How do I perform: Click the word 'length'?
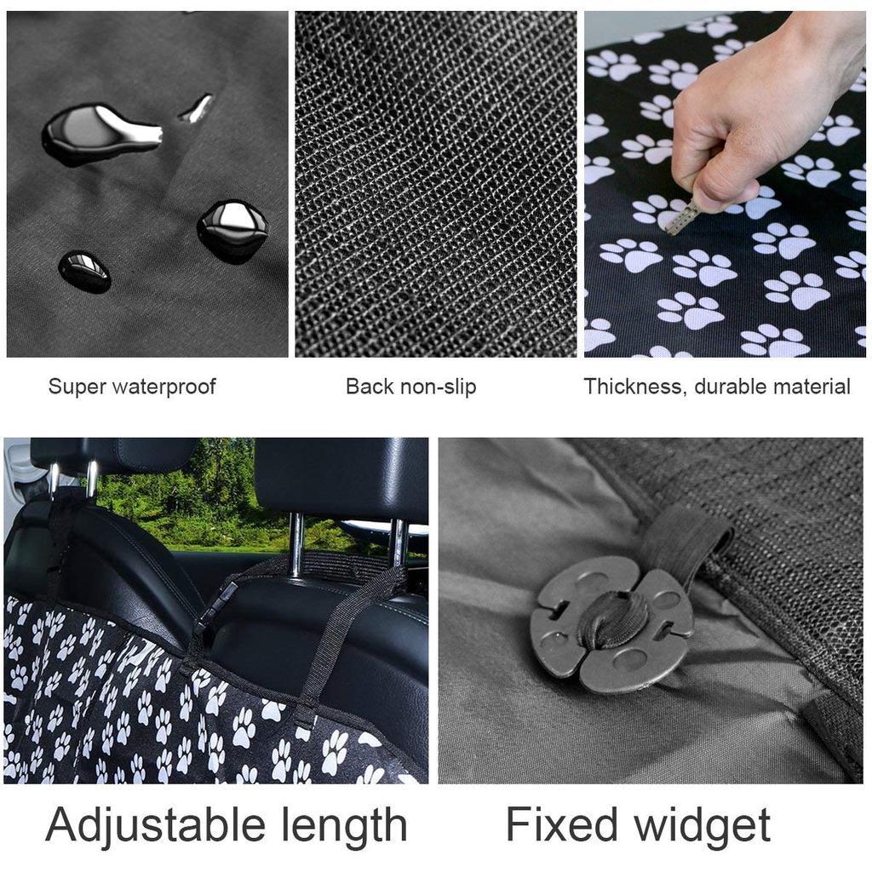344,826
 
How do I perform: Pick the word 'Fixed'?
562,823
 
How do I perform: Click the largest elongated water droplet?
100,135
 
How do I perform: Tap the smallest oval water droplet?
84,272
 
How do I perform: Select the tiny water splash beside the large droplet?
197,107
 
